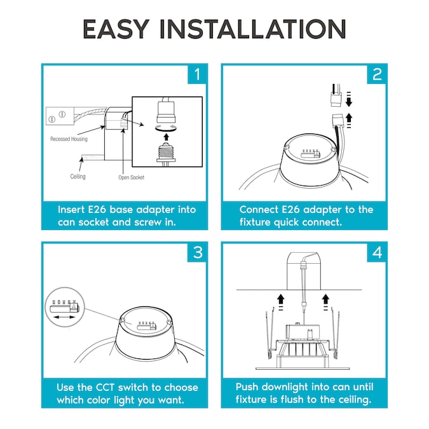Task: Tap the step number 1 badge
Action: tap(198, 74)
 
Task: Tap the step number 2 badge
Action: tap(377, 74)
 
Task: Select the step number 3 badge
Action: tap(198, 252)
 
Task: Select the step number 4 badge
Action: tap(377, 252)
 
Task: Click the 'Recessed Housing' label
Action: tap(69, 139)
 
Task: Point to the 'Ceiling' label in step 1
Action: tap(78, 176)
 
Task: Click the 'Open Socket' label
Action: tap(132, 177)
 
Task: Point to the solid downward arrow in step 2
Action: tap(348, 102)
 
